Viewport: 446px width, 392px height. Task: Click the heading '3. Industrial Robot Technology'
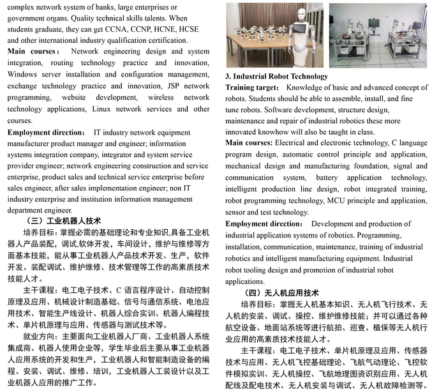(276, 77)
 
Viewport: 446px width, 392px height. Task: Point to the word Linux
(105, 109)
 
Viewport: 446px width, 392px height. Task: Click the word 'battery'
(331, 177)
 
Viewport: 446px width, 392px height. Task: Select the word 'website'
(77, 98)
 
